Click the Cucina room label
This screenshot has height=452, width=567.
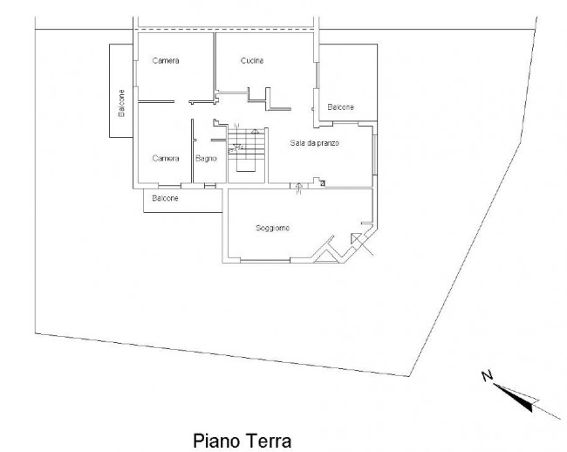pyautogui.click(x=252, y=60)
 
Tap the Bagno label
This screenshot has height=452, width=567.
pyautogui.click(x=206, y=159)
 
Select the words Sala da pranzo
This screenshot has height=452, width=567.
pyautogui.click(x=314, y=141)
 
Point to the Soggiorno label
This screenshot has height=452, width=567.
pyautogui.click(x=272, y=228)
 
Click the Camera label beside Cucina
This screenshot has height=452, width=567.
pyautogui.click(x=166, y=60)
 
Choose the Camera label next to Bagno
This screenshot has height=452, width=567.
pyautogui.click(x=166, y=159)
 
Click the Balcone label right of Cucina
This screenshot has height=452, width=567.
pyautogui.click(x=341, y=106)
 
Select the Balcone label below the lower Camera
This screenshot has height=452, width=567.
pyautogui.click(x=166, y=199)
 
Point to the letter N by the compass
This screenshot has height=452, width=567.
pyautogui.click(x=487, y=376)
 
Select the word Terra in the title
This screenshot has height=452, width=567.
pyautogui.click(x=263, y=441)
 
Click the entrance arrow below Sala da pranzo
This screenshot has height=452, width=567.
pyautogui.click(x=299, y=188)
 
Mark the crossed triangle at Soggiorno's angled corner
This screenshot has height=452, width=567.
pyautogui.click(x=358, y=242)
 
